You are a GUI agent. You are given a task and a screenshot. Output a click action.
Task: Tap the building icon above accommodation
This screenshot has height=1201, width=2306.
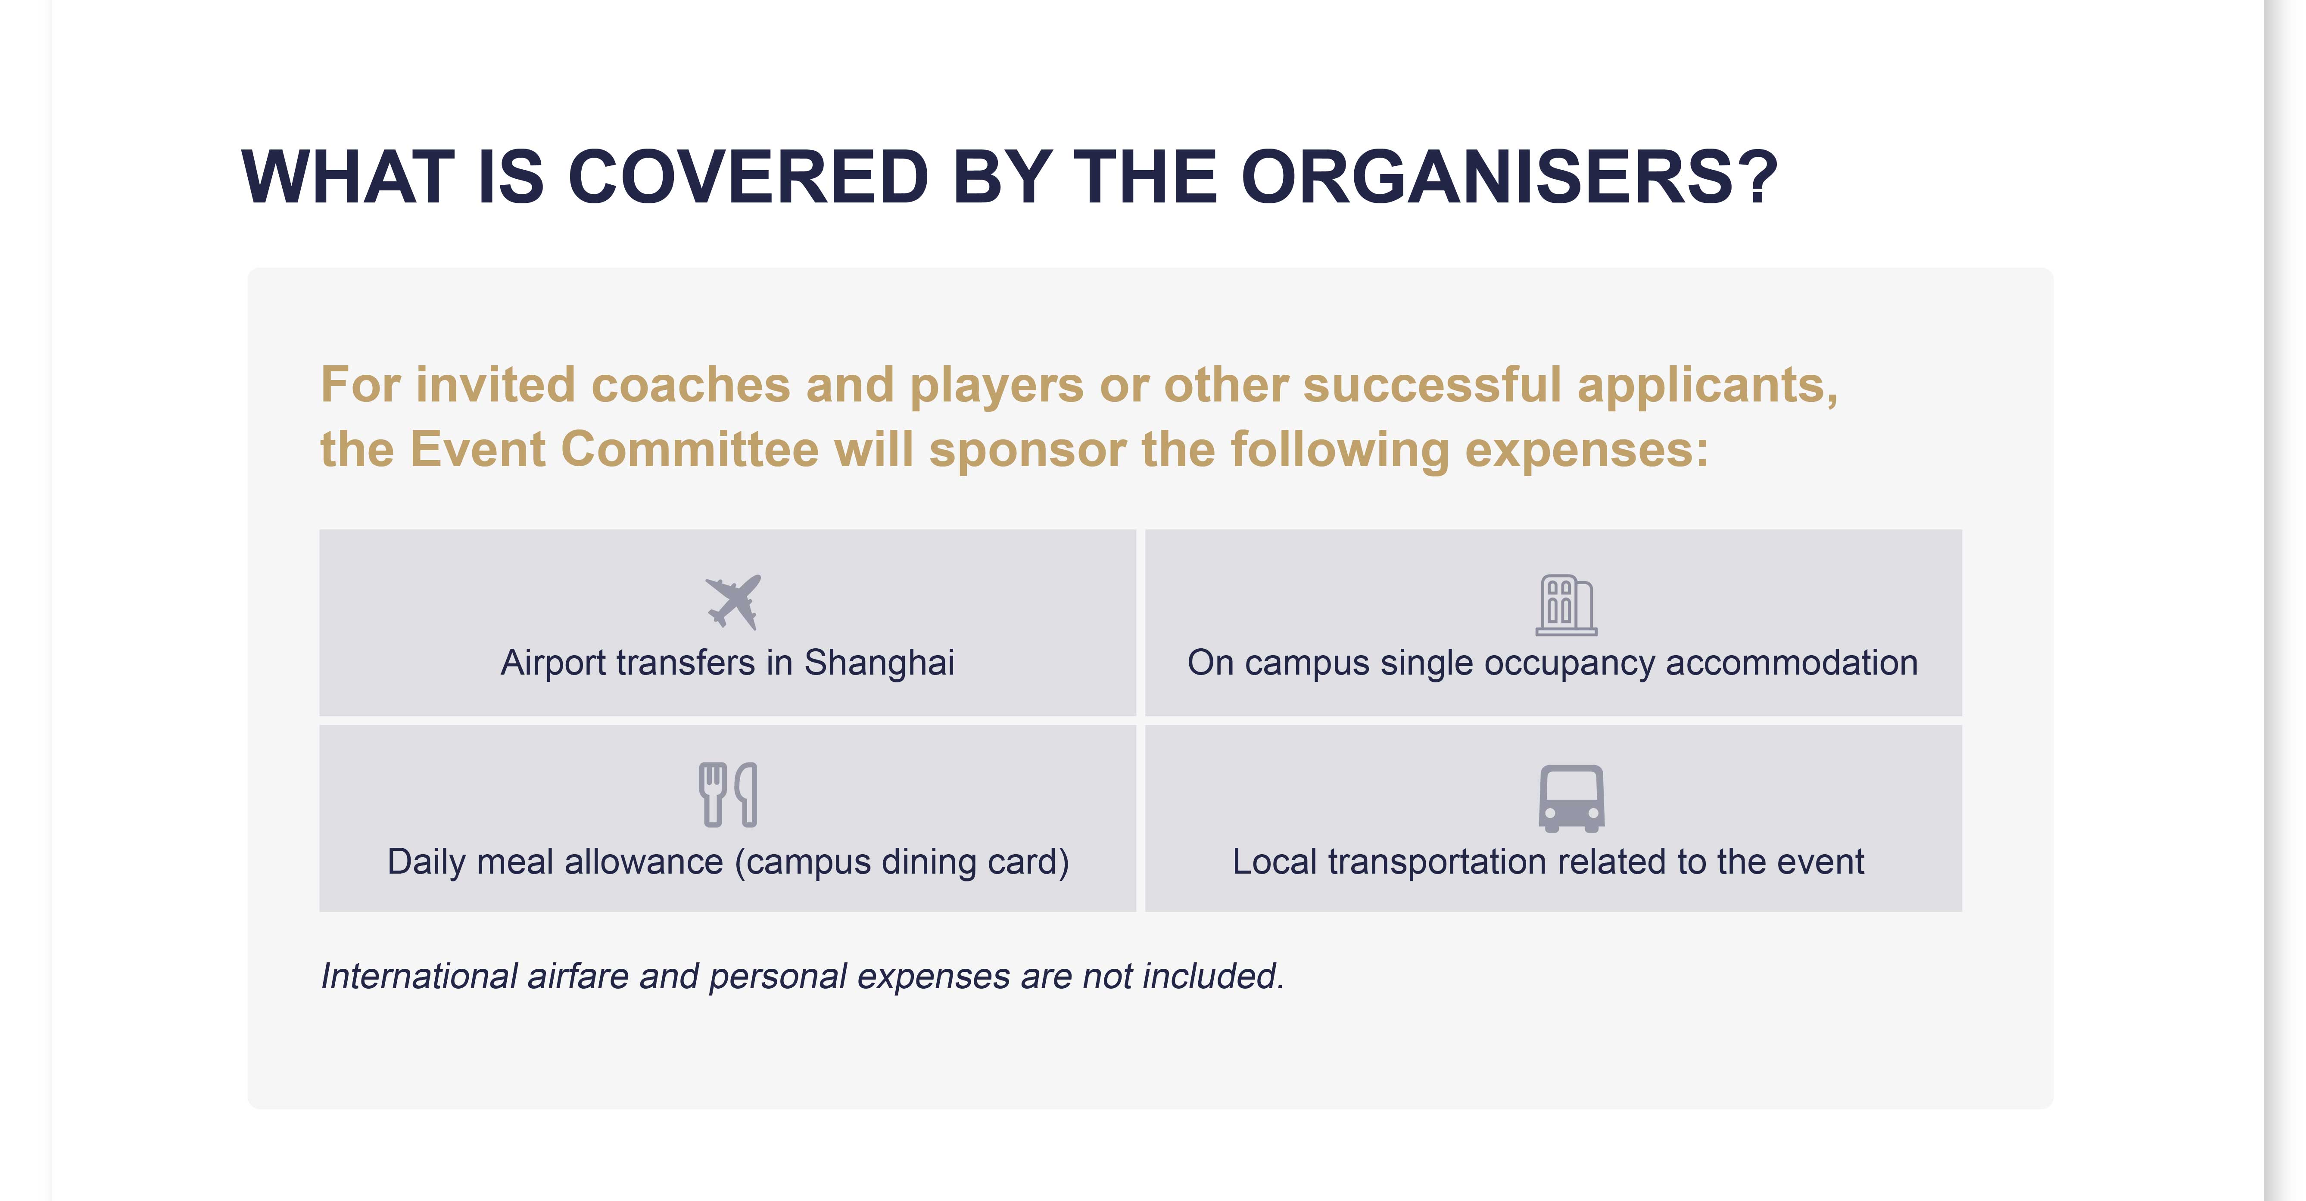point(1566,605)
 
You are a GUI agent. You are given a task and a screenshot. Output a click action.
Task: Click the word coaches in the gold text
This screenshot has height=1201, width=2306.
point(690,385)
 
